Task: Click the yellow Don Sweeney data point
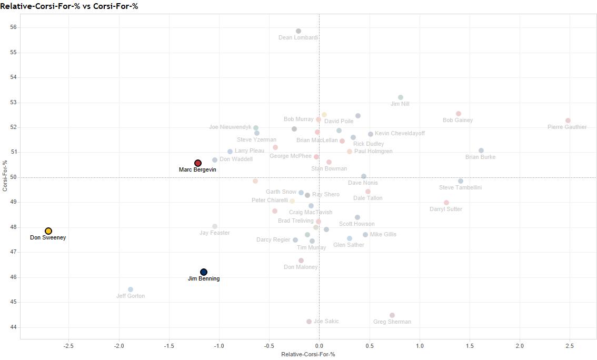click(x=48, y=231)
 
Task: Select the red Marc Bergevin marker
click(x=198, y=163)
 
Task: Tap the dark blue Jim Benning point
click(x=204, y=272)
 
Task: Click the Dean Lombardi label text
click(x=298, y=38)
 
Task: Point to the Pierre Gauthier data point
click(x=568, y=121)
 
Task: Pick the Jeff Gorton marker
click(x=131, y=289)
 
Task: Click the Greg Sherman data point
click(x=392, y=315)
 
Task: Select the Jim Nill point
click(x=401, y=97)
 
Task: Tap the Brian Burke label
click(x=480, y=157)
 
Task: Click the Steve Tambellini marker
click(x=461, y=181)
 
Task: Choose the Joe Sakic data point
click(x=309, y=322)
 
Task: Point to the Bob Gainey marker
click(x=459, y=114)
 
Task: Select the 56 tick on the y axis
click(x=13, y=27)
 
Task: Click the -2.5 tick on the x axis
click(x=68, y=346)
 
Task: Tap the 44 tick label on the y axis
click(x=13, y=327)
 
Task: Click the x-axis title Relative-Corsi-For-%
click(x=308, y=355)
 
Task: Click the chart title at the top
click(x=73, y=6)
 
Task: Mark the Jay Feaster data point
click(x=215, y=226)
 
